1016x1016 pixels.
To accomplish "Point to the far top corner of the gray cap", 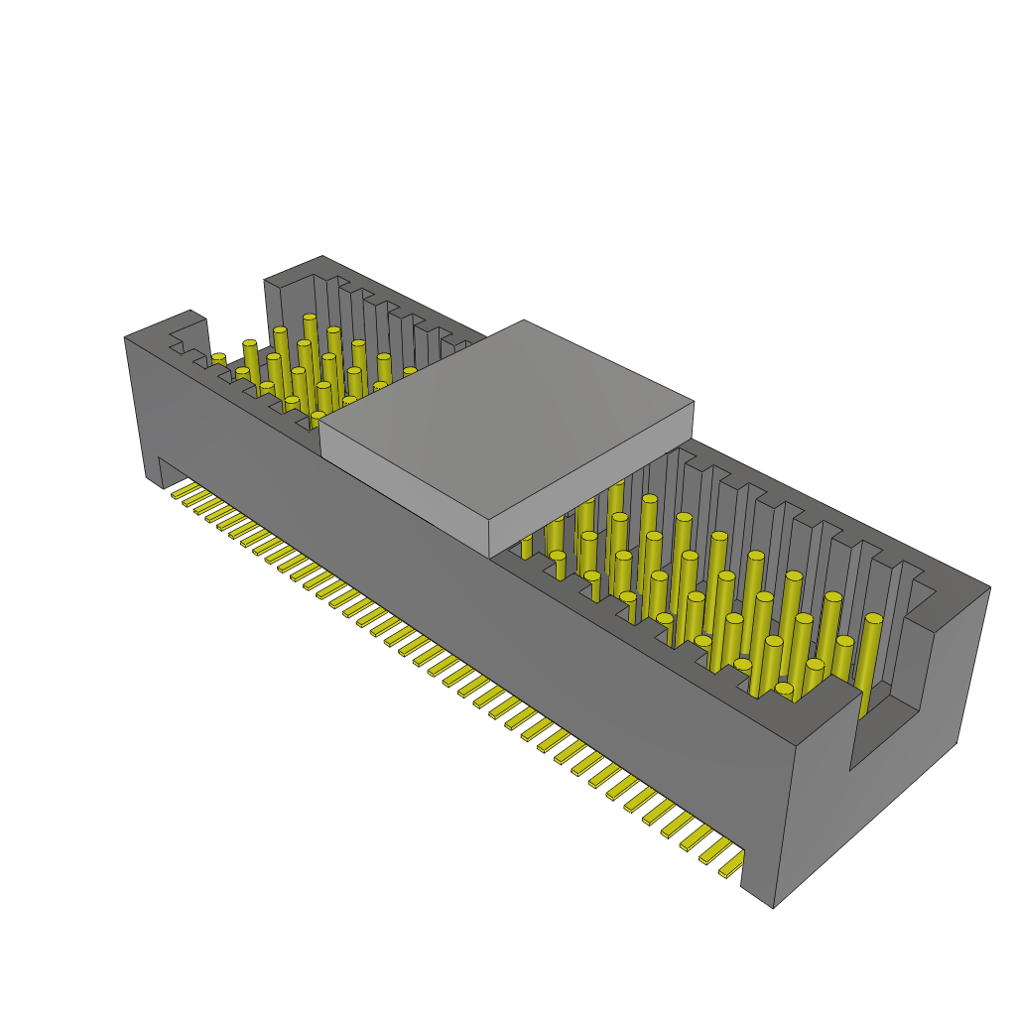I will point(523,320).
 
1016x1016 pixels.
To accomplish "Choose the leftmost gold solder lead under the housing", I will point(181,491).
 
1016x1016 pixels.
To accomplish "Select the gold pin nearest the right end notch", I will point(871,655).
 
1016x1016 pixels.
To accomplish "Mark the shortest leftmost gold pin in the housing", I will point(218,359).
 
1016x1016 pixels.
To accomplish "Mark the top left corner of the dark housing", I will point(125,337).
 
